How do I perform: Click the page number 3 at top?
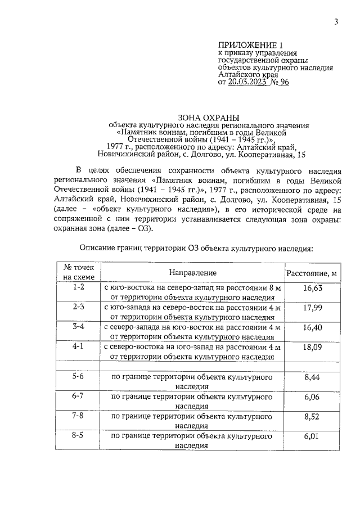336,22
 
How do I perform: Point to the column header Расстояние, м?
312,273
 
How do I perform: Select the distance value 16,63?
312,288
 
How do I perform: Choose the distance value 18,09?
312,348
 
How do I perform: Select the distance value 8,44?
312,377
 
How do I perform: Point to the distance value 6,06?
312,397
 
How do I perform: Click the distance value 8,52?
312,417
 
